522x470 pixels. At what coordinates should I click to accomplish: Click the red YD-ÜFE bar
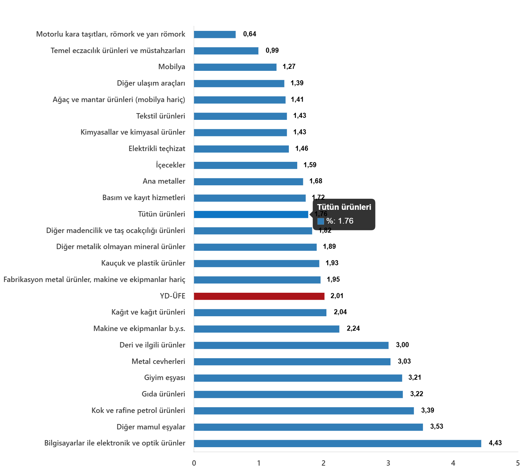click(x=259, y=296)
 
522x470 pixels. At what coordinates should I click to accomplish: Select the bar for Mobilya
click(x=235, y=67)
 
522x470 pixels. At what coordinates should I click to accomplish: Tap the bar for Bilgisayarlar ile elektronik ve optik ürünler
click(x=337, y=443)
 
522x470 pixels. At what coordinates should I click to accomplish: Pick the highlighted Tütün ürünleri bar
click(x=251, y=215)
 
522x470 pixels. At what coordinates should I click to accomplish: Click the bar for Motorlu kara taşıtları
click(x=215, y=35)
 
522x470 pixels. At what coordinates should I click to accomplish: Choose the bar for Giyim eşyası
click(x=298, y=378)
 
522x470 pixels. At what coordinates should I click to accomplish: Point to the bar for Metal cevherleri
click(x=292, y=362)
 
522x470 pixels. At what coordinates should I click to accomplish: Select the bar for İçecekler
click(x=245, y=166)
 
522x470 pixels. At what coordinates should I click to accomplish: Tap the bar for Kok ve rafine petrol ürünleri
click(x=304, y=411)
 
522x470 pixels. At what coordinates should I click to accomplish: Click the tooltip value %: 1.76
click(x=340, y=221)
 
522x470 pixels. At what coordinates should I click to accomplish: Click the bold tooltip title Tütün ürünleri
click(x=344, y=207)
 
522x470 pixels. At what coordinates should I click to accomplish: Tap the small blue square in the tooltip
click(x=320, y=221)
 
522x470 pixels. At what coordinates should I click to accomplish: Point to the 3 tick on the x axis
click(x=388, y=463)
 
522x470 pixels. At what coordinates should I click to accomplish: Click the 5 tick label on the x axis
click(x=518, y=463)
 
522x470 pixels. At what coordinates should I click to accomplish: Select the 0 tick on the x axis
click(x=194, y=463)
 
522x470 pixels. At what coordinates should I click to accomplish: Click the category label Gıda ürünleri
click(x=163, y=394)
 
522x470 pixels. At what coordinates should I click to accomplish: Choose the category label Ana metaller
click(x=164, y=181)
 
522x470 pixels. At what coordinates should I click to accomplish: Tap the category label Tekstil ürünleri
click(x=160, y=116)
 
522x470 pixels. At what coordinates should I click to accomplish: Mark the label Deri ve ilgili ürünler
click(x=152, y=345)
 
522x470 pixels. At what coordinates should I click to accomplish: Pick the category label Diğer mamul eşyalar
click(x=151, y=427)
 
